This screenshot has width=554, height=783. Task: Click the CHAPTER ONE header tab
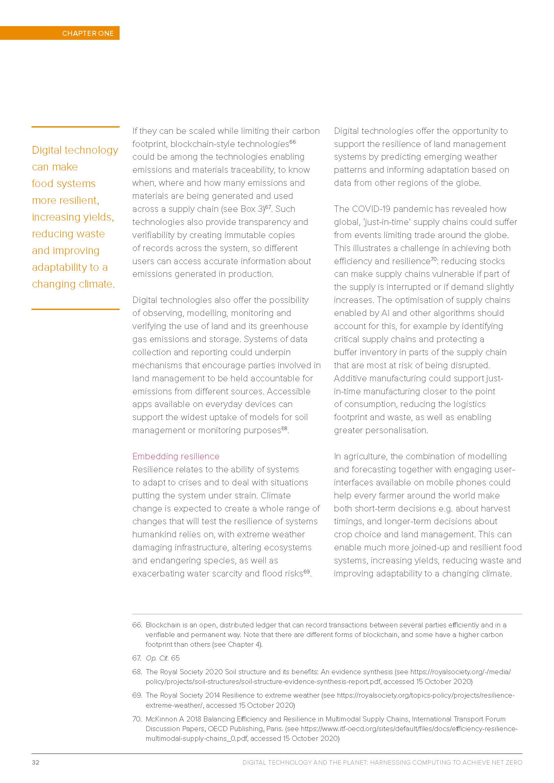(x=88, y=33)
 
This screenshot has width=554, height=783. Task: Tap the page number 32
(x=36, y=762)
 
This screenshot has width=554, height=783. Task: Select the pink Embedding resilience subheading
(x=176, y=456)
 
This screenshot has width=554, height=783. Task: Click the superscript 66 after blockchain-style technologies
(x=293, y=142)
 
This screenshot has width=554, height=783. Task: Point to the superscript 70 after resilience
(x=433, y=259)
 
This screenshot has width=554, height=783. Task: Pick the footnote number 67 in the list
(x=136, y=658)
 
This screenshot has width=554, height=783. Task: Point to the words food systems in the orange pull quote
(x=63, y=184)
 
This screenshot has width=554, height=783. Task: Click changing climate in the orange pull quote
(x=73, y=284)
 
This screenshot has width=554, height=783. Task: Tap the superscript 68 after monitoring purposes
(x=284, y=428)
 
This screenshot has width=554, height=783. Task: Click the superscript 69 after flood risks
(x=307, y=571)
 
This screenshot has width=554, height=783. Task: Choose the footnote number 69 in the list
(x=137, y=695)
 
